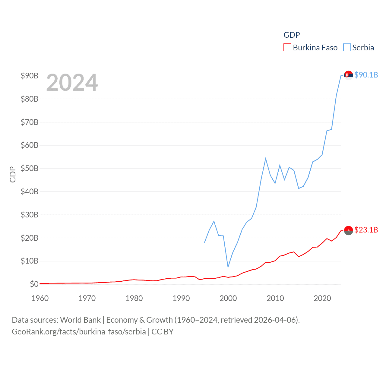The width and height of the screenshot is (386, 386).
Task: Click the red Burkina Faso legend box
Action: (x=287, y=48)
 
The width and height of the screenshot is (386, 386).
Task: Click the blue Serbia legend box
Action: (x=347, y=48)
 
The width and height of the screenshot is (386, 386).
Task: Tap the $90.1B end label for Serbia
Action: (x=366, y=75)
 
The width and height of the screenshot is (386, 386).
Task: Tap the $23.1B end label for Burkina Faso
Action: (x=366, y=230)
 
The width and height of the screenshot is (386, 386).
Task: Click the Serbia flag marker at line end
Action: (x=348, y=75)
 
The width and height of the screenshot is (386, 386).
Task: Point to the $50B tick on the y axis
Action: (x=30, y=168)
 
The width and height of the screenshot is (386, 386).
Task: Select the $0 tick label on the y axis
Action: (x=34, y=284)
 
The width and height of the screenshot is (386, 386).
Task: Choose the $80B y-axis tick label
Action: (x=30, y=99)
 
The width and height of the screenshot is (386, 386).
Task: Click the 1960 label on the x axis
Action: (x=40, y=298)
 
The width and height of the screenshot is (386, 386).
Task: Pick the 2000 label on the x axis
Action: (x=228, y=298)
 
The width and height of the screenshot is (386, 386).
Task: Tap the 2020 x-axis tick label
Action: (x=322, y=298)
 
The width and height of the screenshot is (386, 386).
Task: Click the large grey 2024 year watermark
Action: (x=72, y=83)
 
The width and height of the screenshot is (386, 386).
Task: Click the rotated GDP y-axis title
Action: (x=13, y=174)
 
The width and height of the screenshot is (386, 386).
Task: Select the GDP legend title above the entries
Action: (x=292, y=35)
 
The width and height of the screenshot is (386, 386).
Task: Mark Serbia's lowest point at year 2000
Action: (x=228, y=267)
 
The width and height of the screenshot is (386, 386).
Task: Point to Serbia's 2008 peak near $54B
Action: (x=266, y=158)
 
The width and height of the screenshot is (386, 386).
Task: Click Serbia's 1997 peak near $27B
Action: (x=214, y=221)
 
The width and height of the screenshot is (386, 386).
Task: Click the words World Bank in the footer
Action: (x=80, y=320)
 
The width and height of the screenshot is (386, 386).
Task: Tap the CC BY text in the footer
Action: (x=162, y=332)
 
